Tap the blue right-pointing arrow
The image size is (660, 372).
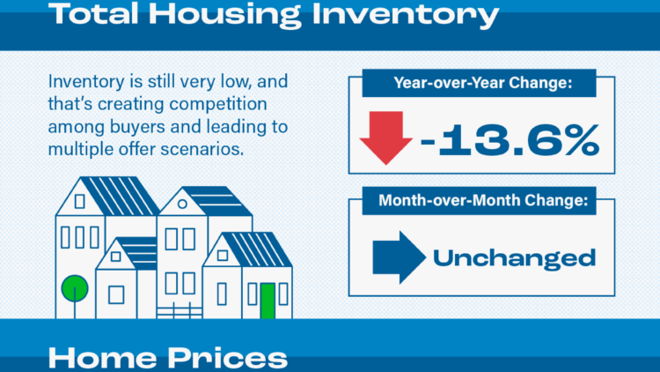(399, 257)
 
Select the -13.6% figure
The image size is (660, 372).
(510, 140)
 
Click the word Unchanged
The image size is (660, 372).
(515, 258)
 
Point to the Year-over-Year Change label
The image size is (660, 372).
(483, 83)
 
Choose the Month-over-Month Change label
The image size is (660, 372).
(483, 200)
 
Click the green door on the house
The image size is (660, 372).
(268, 301)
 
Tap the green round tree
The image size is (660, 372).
(75, 288)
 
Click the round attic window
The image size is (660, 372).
(182, 205)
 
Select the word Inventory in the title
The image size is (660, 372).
(405, 15)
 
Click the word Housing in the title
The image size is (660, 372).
(224, 15)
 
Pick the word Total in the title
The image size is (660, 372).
(93, 13)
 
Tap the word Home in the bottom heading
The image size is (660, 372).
(102, 359)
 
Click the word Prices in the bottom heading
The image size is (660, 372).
(228, 359)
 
